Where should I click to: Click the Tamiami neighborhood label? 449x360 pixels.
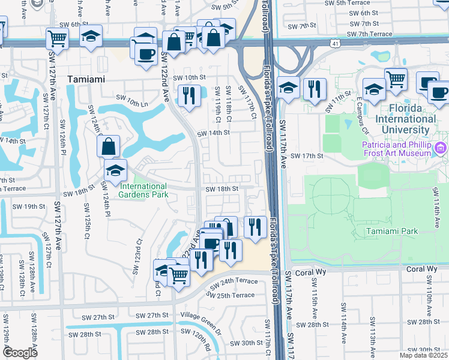pos(86,79)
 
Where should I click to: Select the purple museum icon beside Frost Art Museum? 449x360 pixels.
pos(442,148)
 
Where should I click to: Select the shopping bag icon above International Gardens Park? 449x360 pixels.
pos(108,146)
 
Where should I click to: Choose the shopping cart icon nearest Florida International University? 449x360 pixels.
pos(396,79)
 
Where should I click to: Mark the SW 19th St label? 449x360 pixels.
pos(29,206)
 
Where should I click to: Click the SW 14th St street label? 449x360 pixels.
pos(213,133)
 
